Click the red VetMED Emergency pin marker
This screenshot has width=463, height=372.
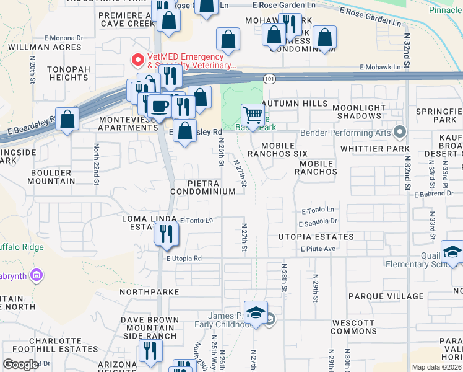[137, 60]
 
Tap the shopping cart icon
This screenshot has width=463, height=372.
[252, 114]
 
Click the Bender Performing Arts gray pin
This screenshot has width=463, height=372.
[399, 131]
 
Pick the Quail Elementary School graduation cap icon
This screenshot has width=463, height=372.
[452, 252]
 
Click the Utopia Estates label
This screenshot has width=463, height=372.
[316, 237]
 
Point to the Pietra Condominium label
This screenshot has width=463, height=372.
[212, 188]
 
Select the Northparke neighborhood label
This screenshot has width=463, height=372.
[149, 291]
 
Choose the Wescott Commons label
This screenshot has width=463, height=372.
[353, 327]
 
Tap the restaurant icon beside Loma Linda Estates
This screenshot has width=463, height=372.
[167, 233]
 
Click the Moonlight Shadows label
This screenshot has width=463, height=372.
[359, 112]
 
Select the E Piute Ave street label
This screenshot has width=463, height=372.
[318, 249]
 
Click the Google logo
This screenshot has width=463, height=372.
[20, 365]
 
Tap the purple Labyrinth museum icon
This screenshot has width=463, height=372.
[36, 274]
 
